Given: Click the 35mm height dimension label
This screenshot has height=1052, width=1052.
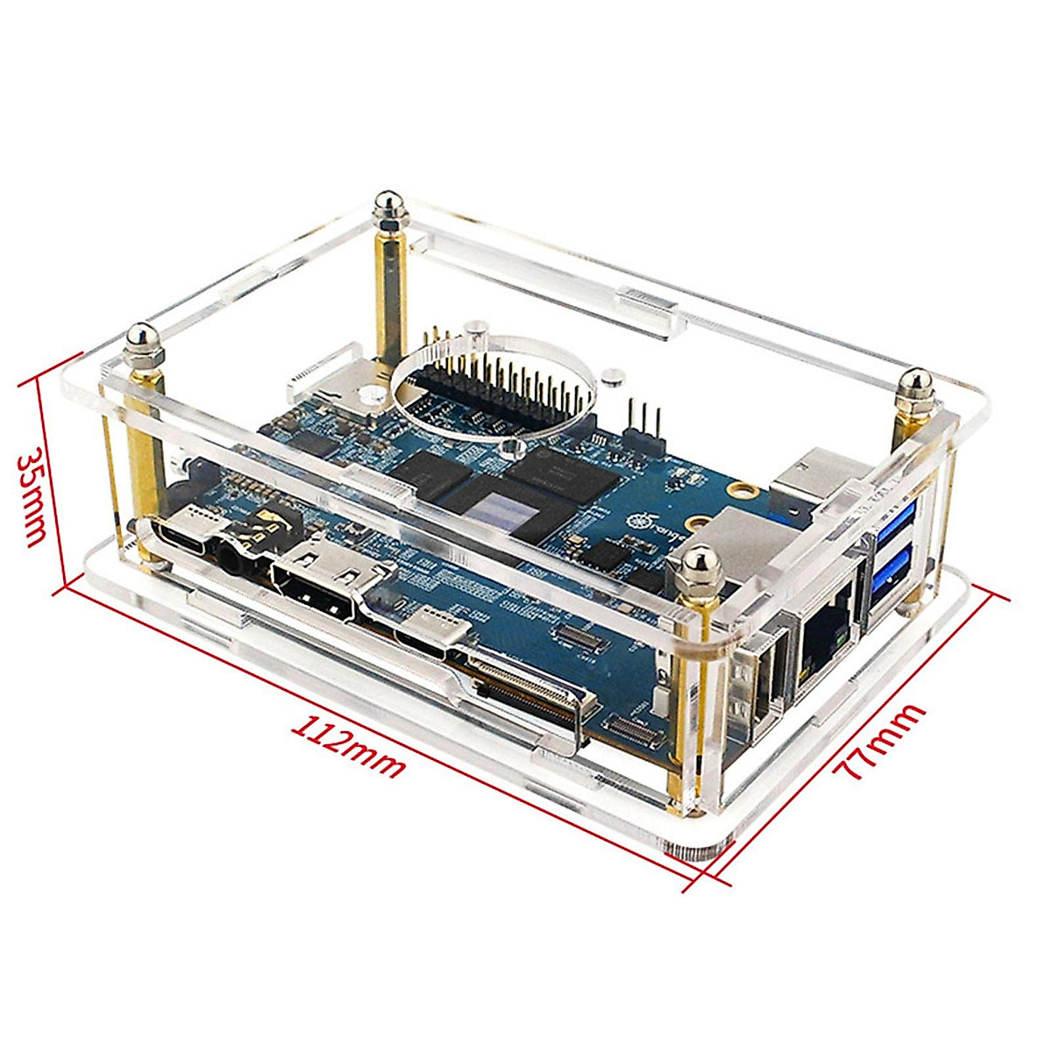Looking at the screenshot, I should click(34, 498).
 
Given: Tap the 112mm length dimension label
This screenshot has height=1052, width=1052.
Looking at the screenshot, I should click(349, 748).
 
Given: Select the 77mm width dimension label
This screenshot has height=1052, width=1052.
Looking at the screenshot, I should click(879, 742).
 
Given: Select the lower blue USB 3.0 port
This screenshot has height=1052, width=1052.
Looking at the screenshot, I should click(892, 579).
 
